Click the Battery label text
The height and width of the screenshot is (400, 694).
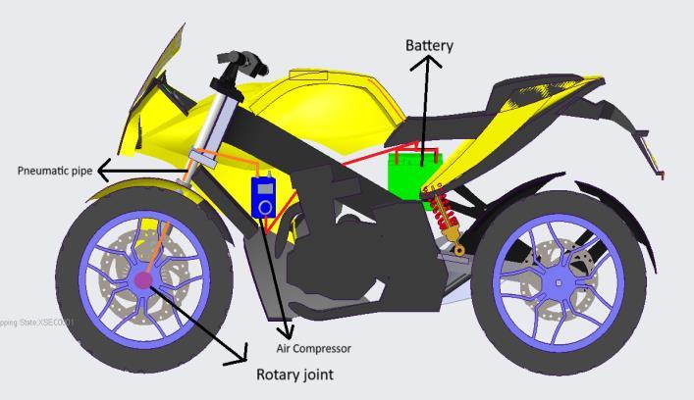430,45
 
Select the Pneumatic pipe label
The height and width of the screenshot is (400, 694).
55,171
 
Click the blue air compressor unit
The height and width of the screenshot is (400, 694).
263,197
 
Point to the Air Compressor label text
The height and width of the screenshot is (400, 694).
313,348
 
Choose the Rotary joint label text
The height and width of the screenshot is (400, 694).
294,375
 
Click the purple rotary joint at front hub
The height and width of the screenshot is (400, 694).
143,280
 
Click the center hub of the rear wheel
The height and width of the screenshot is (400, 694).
559,283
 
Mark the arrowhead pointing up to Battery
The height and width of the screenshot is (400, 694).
426,62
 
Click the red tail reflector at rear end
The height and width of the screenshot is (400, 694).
662,175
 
